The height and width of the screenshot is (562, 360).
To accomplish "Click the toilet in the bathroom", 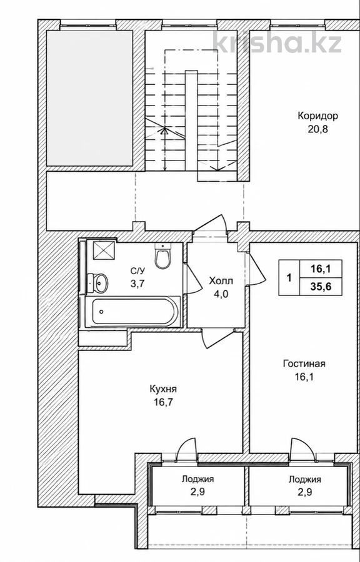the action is [x=162, y=255].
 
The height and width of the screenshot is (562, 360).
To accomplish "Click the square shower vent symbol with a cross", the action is [x=104, y=250].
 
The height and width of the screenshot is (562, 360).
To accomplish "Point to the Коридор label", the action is [x=317, y=116].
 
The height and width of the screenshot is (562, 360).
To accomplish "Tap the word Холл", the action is [x=221, y=281].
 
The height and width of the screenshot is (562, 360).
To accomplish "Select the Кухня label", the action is [x=163, y=389].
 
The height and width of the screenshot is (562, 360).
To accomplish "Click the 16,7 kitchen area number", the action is [x=164, y=402].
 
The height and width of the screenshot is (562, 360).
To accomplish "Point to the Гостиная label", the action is [x=304, y=364].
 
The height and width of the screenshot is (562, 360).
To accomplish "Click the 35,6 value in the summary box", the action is [x=321, y=288].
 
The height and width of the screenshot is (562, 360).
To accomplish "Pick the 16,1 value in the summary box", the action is [x=321, y=269].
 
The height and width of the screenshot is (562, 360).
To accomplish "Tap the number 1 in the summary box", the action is [x=289, y=278].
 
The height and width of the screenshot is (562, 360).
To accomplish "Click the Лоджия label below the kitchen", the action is [x=198, y=479].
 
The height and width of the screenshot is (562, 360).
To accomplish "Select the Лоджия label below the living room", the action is [x=305, y=479].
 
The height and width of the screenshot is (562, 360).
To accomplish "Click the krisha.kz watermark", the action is [x=277, y=42].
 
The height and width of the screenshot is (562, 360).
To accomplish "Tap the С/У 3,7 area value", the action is [x=137, y=284].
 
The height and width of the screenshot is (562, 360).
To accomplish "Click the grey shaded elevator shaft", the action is [x=89, y=98].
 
